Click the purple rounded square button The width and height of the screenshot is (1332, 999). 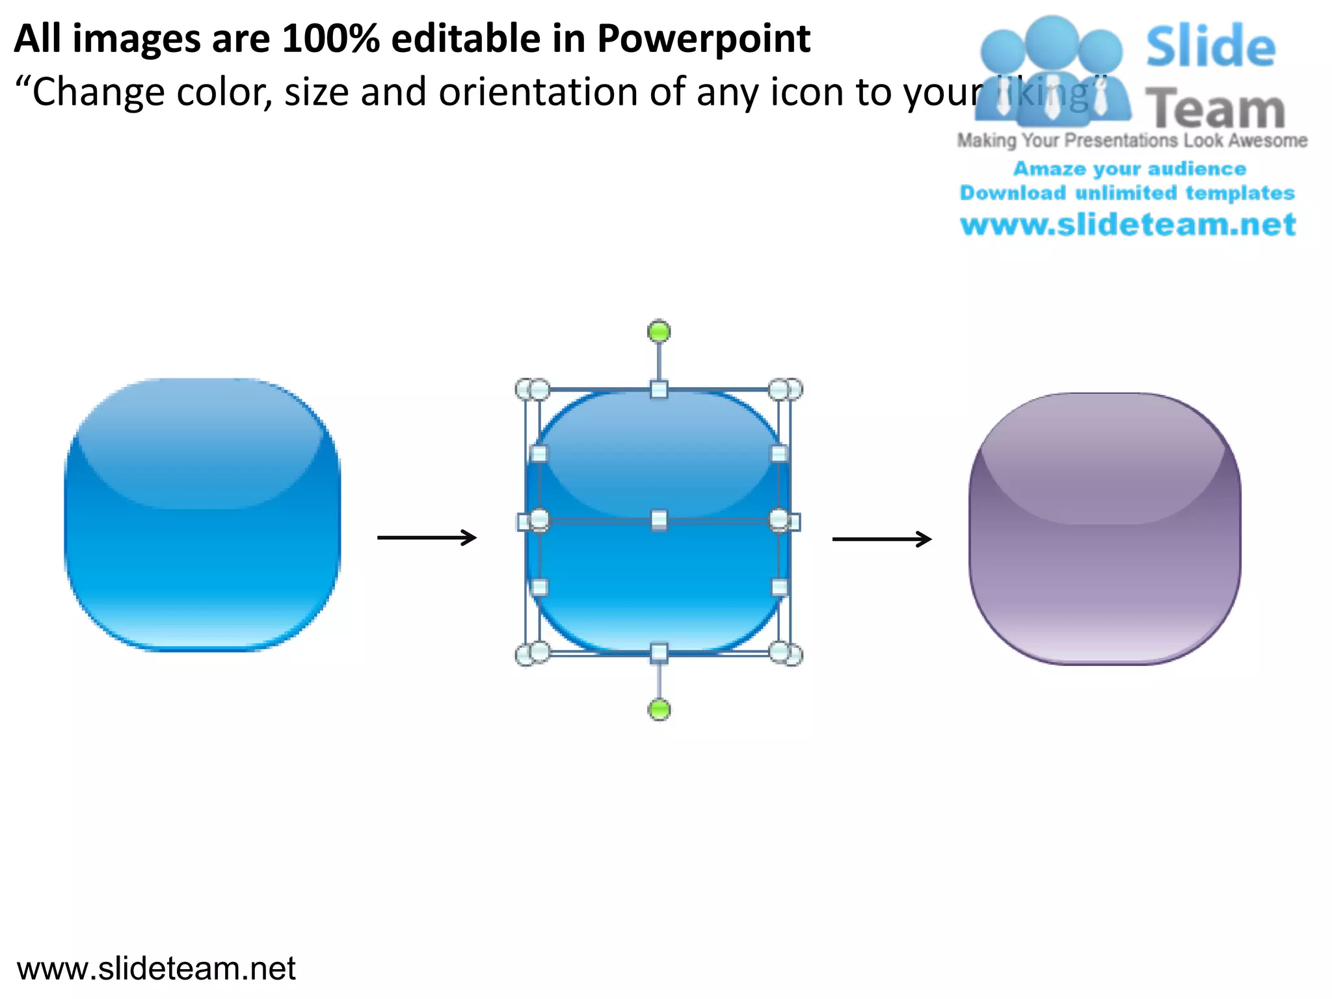1104,528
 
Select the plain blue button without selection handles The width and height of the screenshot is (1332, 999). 202,514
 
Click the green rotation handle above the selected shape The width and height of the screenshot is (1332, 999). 659,332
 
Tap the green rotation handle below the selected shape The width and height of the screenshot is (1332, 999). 659,709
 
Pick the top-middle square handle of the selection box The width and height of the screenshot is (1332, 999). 659,390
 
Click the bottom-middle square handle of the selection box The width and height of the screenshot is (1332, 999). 659,652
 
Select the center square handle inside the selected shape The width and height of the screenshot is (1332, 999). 659,520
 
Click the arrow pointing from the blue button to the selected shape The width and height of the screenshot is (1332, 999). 427,538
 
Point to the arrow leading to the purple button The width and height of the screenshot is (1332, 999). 882,539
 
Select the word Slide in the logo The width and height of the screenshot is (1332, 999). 1210,46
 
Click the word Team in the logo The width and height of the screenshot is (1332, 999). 1215,109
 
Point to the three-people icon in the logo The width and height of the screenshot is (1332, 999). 1051,72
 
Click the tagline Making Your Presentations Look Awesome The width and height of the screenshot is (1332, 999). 1132,140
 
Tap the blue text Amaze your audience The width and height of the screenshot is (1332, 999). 1130,169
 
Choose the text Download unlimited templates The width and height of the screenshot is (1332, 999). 1127,193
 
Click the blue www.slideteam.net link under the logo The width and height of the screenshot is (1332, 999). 1128,225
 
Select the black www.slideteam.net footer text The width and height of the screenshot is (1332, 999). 156,968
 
